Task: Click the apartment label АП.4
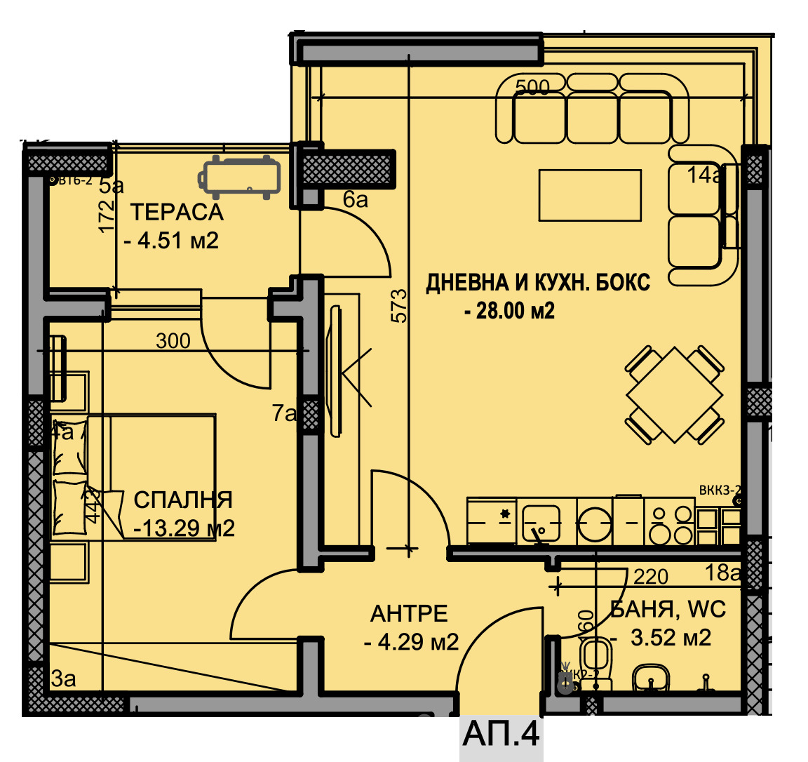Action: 501,734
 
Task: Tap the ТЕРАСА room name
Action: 177,212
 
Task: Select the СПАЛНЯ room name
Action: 183,500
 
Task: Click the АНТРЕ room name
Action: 409,614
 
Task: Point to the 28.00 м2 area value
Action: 510,310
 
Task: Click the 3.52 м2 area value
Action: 671,638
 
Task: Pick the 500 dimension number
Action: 532,87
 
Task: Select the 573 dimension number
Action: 398,305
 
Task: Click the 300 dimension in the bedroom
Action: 173,341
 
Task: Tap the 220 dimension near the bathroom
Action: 651,577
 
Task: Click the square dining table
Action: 673,395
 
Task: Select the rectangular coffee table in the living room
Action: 590,195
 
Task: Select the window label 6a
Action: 356,200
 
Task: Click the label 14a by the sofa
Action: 704,175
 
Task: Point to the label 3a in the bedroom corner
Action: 63,679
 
